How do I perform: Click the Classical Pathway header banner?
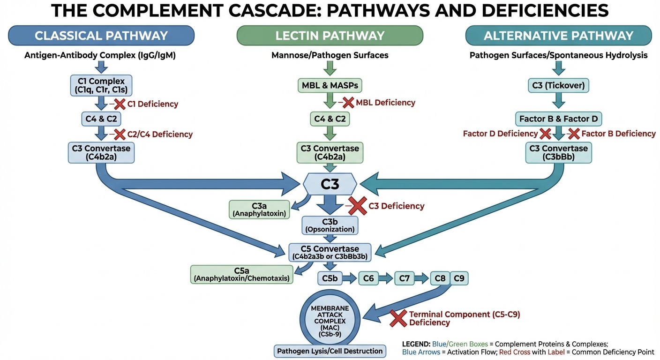pos(101,35)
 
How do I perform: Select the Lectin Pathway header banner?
pos(330,35)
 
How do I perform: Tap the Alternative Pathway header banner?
pos(558,35)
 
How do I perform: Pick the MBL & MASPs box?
pos(330,85)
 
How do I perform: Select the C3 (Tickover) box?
pos(558,85)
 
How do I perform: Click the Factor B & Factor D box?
pos(558,119)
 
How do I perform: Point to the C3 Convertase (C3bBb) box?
pos(558,153)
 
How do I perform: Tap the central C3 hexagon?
pos(330,184)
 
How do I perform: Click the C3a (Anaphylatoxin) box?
pos(259,210)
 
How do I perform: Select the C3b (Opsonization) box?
pos(330,225)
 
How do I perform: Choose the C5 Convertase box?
pos(330,252)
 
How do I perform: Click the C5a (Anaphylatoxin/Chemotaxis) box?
pos(241,274)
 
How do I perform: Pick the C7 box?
pos(405,278)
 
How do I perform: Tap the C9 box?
pos(459,278)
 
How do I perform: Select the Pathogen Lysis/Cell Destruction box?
pos(330,351)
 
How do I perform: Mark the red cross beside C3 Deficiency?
pos(357,206)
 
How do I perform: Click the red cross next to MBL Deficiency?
pos(348,102)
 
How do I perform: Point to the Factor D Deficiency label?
pos(500,134)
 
